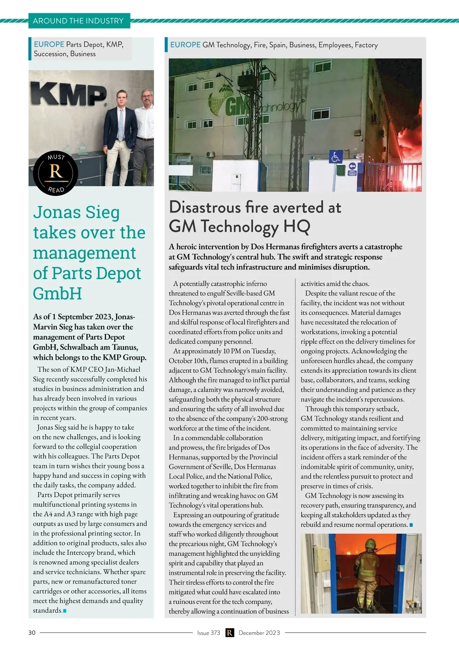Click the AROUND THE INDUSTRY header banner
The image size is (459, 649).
point(78,21)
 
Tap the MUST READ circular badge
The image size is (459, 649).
point(56,173)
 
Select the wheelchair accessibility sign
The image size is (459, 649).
point(335,157)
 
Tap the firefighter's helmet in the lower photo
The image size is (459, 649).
point(370,544)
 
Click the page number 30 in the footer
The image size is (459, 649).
point(32,633)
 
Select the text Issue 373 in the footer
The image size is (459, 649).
point(208,633)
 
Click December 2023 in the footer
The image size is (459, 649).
point(259,633)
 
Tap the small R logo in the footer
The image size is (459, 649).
point(229,633)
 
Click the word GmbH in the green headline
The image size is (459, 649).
point(57,294)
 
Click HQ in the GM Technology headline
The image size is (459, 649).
point(296,226)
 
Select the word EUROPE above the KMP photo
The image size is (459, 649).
point(49,44)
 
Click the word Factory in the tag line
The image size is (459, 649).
point(366,45)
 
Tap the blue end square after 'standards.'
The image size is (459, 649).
point(65,611)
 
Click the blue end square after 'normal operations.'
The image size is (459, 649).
point(411,525)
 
